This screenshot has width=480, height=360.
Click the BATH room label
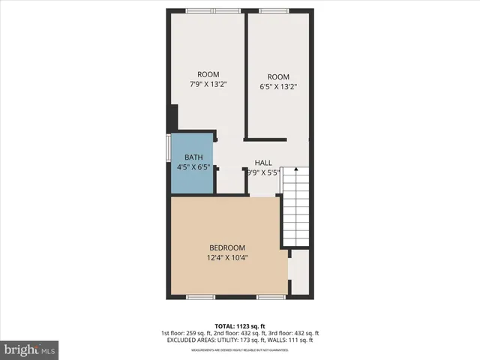point(193,157)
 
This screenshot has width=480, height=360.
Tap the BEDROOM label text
point(226,247)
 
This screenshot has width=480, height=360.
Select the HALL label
point(263,163)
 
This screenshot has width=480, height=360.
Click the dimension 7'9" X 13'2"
point(208,85)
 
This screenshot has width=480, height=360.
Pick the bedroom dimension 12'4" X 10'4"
point(227,258)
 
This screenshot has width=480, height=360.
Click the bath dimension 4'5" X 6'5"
point(193,167)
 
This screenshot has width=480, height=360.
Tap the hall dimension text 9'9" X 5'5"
point(263,172)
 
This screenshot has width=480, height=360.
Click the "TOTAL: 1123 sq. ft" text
point(240,325)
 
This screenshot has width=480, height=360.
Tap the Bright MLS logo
point(30,349)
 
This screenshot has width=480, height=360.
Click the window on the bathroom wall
point(168,147)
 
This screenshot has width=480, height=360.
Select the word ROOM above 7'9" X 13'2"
point(208,74)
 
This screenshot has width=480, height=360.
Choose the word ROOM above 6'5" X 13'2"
point(278,76)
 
